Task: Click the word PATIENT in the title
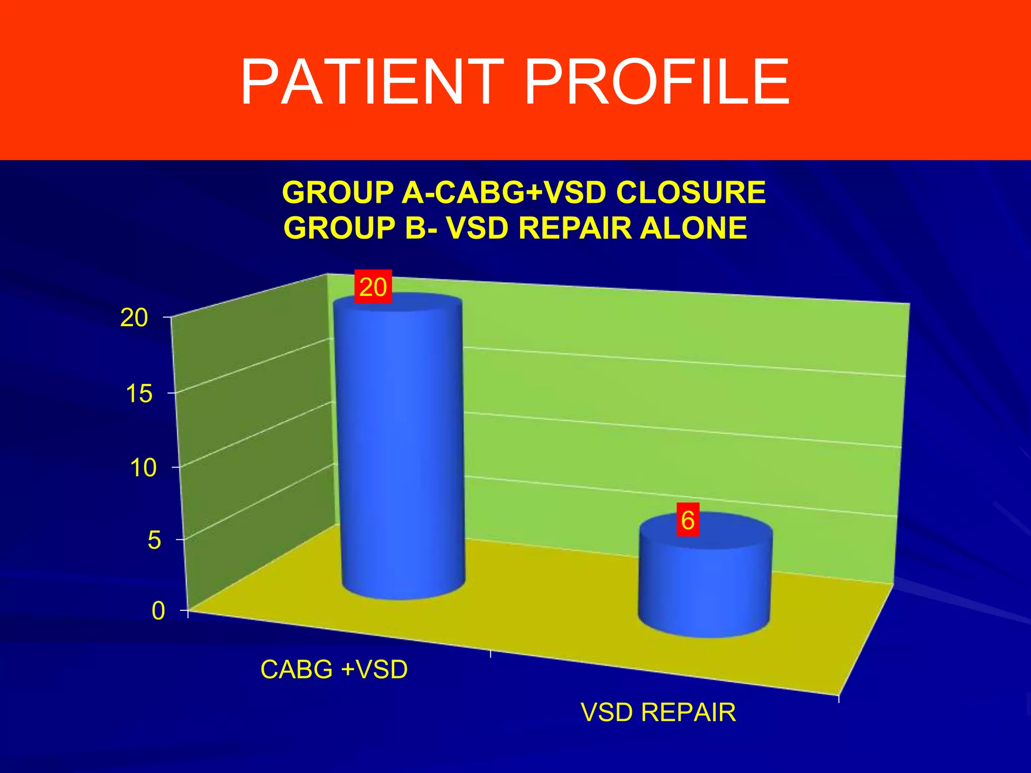pos(372,82)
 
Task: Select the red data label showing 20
pos(373,287)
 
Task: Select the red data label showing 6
pos(688,520)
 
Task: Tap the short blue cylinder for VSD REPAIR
pos(705,584)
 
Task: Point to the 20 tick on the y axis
pos(134,318)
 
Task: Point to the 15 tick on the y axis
pos(139,394)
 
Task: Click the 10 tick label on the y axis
pos(143,468)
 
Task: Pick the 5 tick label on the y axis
pos(154,540)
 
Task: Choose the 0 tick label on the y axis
pos(158,611)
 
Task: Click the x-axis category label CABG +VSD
pos(334,669)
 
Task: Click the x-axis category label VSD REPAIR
pos(658,712)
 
